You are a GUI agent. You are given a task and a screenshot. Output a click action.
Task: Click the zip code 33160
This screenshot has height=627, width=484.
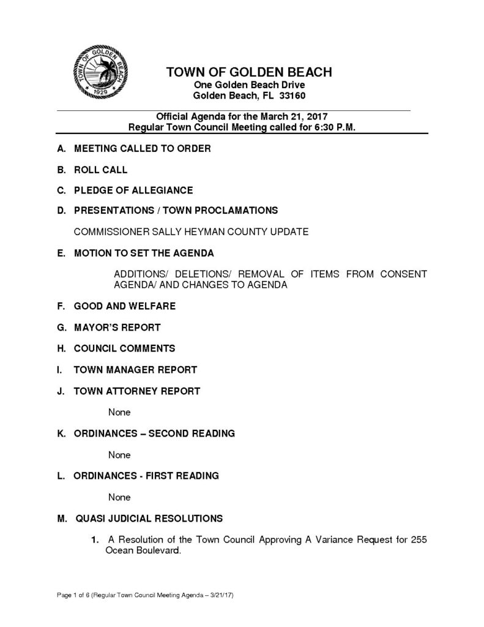pos(293,96)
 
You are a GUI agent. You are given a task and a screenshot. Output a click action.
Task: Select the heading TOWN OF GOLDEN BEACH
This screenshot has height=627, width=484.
pos(249,72)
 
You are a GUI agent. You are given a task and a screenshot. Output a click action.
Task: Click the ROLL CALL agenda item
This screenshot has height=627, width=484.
pos(100,169)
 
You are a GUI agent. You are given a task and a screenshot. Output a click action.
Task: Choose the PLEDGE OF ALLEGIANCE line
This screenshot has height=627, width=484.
pos(133,190)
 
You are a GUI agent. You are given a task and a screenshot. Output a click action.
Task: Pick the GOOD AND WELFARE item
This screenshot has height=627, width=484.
pos(124,306)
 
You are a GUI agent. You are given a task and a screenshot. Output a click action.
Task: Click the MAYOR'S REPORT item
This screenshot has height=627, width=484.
pos(117,327)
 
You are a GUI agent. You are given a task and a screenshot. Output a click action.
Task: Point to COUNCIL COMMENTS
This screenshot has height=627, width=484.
pos(124,348)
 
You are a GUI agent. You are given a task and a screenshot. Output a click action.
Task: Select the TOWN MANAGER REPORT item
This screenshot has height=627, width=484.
pos(135,369)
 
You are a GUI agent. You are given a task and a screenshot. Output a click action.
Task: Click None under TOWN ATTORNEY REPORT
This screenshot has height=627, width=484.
pos(119,412)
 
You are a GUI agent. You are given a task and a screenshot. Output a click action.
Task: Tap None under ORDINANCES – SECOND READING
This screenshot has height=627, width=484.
pos(119,455)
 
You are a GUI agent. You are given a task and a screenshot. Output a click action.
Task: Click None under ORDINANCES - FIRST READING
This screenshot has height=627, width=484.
pos(119,497)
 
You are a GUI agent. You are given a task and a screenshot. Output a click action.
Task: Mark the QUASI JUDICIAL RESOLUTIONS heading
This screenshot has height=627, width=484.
pos(149,519)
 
